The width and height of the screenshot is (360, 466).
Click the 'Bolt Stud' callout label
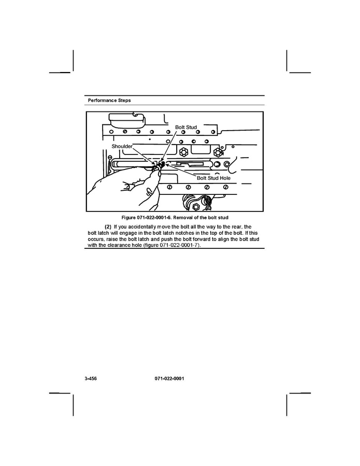click(x=186, y=127)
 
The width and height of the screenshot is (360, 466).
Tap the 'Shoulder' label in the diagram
click(x=122, y=146)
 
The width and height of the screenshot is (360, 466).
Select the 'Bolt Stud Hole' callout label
click(x=213, y=178)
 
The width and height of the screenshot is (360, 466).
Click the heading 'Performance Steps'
click(x=109, y=101)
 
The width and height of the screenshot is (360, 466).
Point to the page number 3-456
click(x=91, y=378)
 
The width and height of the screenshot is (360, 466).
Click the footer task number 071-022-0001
click(x=169, y=378)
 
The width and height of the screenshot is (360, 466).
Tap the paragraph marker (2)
click(x=108, y=227)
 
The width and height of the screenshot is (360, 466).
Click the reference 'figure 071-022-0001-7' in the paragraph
click(x=178, y=245)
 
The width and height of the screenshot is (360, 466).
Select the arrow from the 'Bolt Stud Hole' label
click(x=181, y=170)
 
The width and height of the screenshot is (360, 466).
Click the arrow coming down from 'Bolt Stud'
click(x=170, y=146)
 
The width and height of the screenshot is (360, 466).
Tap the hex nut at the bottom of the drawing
click(x=196, y=206)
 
